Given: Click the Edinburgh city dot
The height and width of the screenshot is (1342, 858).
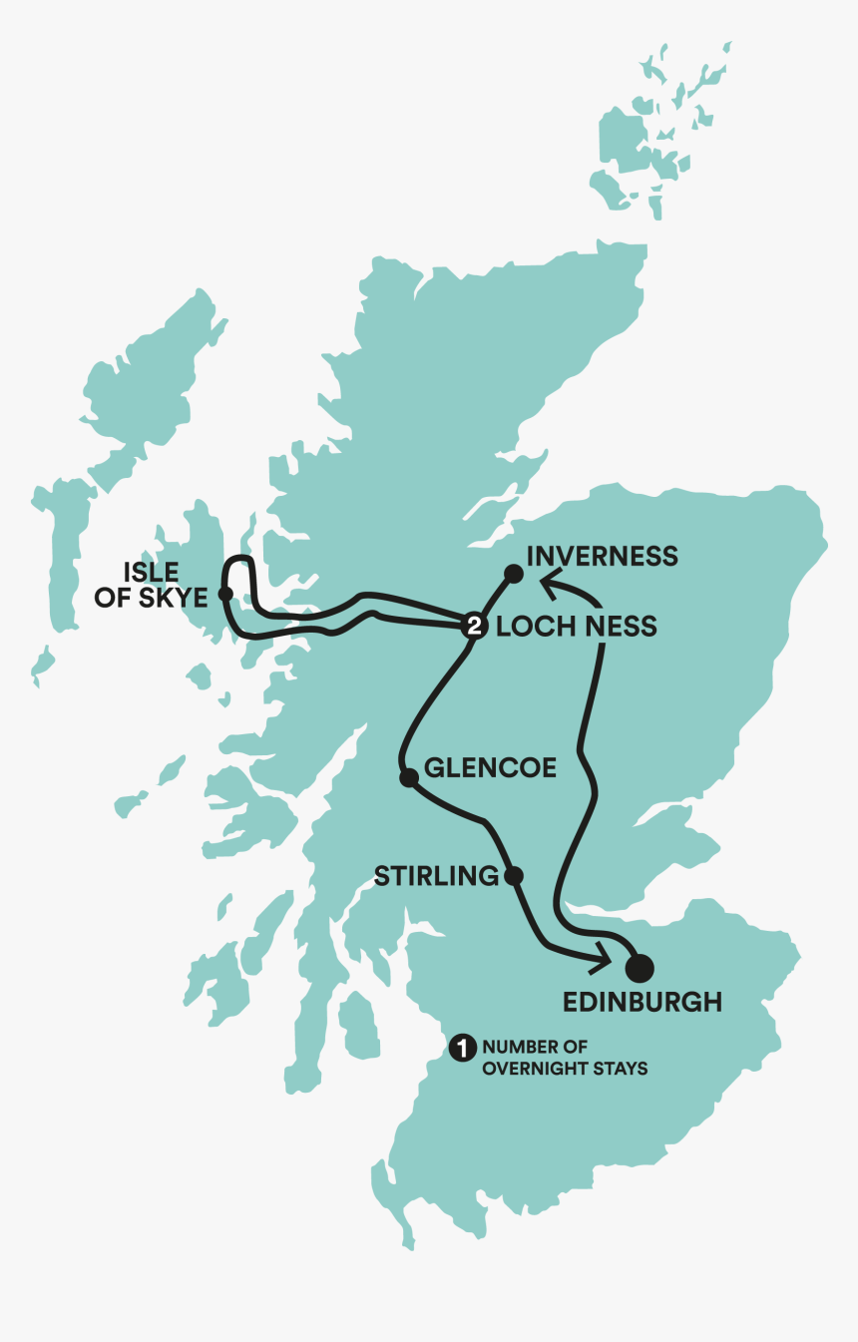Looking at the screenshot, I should (x=640, y=967).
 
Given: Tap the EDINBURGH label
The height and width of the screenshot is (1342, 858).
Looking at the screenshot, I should (x=642, y=1002).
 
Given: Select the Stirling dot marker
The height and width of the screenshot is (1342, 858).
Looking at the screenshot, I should (x=514, y=876).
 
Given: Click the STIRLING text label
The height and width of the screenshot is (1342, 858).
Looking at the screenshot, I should (x=436, y=876).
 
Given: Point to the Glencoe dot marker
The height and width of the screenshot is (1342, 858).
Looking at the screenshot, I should (x=407, y=777).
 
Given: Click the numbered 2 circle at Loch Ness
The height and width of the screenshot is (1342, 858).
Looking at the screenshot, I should (x=473, y=627).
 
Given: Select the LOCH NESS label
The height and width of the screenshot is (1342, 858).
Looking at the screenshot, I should (x=577, y=627).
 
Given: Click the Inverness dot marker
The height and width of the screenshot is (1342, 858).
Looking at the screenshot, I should (x=513, y=573).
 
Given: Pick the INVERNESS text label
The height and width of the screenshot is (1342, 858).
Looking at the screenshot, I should (x=602, y=556).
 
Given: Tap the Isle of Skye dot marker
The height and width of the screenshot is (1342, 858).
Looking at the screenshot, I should (x=225, y=594).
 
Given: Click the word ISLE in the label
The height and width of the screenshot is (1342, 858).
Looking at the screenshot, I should (x=151, y=573).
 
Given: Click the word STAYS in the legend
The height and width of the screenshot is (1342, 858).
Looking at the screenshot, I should (x=623, y=1069).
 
